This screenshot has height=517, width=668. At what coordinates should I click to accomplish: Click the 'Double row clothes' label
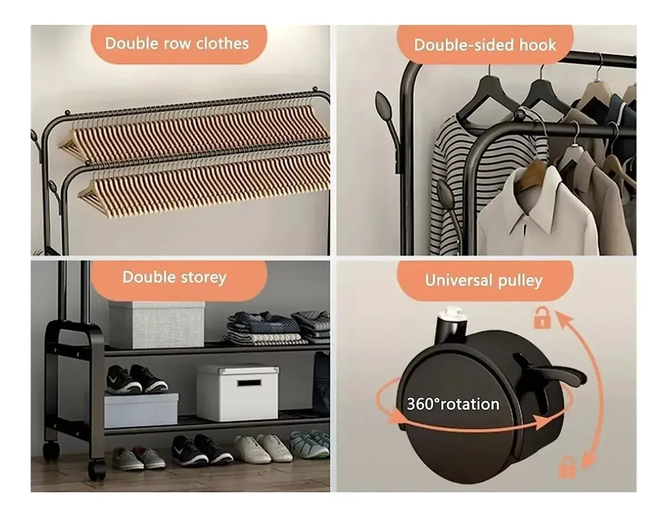(177, 43)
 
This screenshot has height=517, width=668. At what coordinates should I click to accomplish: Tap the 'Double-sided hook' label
(485, 45)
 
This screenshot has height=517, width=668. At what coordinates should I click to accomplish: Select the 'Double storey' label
(174, 277)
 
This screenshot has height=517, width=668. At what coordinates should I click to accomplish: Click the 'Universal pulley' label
(484, 280)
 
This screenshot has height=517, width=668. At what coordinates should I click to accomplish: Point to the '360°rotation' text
(453, 404)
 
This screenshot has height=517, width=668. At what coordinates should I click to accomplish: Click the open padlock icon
(542, 318)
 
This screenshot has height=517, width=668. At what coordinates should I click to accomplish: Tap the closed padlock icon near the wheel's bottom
(567, 468)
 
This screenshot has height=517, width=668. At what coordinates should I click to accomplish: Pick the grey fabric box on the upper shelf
(156, 324)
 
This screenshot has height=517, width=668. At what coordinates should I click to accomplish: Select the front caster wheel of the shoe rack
(97, 470)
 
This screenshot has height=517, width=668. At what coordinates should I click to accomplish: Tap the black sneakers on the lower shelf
(136, 379)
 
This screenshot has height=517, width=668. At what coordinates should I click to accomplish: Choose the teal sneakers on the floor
(310, 443)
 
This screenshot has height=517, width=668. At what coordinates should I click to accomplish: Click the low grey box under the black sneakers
(141, 410)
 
